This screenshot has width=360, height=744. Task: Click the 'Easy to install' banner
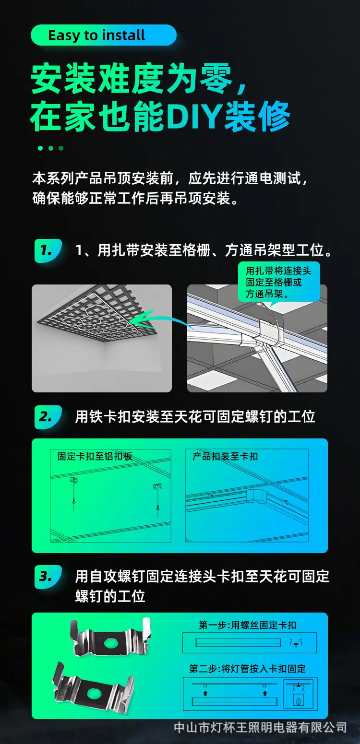point(103,35)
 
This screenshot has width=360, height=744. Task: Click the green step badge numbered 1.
point(48,250)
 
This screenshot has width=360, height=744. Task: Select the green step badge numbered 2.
point(48,417)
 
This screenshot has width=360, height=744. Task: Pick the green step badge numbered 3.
point(48,577)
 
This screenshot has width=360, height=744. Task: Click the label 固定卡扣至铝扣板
point(95,456)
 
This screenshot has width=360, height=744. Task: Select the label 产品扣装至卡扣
point(225,456)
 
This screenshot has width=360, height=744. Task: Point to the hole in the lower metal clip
point(94,693)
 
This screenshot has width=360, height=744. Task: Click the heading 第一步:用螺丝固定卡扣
point(247,625)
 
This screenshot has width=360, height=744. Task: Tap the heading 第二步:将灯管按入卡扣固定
point(247,669)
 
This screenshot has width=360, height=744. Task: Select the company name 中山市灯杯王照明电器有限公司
point(260,727)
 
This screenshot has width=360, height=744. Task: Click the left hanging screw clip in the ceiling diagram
point(73,494)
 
